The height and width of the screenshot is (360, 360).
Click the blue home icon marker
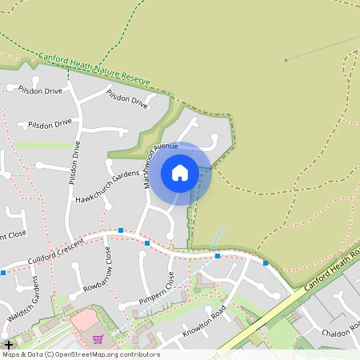click(180, 172)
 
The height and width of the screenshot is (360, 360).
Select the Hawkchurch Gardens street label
click(108, 181)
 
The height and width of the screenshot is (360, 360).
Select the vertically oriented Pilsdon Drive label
click(74, 163)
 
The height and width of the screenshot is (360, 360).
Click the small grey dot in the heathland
click(286, 60)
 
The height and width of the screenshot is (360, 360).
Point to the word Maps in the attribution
click(12, 354)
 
